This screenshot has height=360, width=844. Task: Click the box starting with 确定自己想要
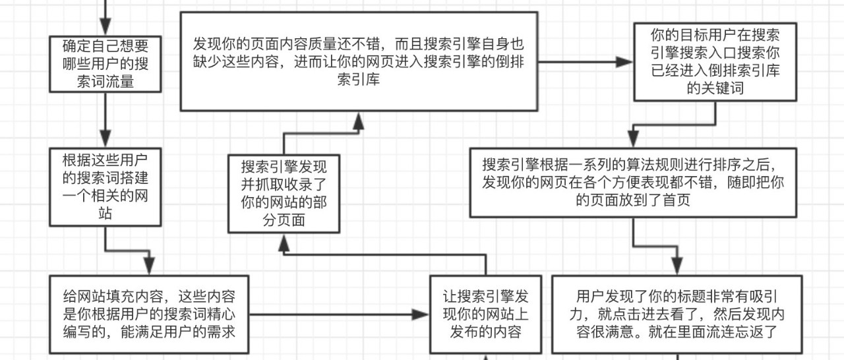tap(105, 64)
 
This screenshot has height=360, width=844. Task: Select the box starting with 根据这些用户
tap(105, 187)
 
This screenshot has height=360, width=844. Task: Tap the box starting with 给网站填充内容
tap(149, 315)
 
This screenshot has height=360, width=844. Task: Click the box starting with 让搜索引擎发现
tap(486, 315)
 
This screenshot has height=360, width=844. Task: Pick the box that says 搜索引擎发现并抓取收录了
tap(284, 194)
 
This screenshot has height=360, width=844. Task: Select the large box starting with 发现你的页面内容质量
tap(359, 61)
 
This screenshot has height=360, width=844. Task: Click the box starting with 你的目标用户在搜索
tap(715, 62)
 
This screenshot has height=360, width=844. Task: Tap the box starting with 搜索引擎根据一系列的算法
tap(633, 183)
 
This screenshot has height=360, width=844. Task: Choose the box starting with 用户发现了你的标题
tap(677, 315)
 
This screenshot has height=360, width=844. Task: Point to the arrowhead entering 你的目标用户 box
tap(624, 62)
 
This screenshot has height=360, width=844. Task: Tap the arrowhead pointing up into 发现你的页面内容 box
tap(358, 121)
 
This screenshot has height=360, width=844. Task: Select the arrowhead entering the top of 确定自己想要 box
tap(105, 26)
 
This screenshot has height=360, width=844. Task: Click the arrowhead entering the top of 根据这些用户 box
tap(105, 138)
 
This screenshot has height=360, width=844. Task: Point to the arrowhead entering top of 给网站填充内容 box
tap(149, 266)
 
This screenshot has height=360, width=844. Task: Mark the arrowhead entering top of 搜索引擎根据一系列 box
tap(633, 138)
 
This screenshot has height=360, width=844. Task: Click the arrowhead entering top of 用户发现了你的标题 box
tap(677, 266)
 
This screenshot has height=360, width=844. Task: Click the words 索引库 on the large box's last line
tap(358, 80)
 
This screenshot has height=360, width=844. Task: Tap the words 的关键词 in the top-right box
tap(715, 88)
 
